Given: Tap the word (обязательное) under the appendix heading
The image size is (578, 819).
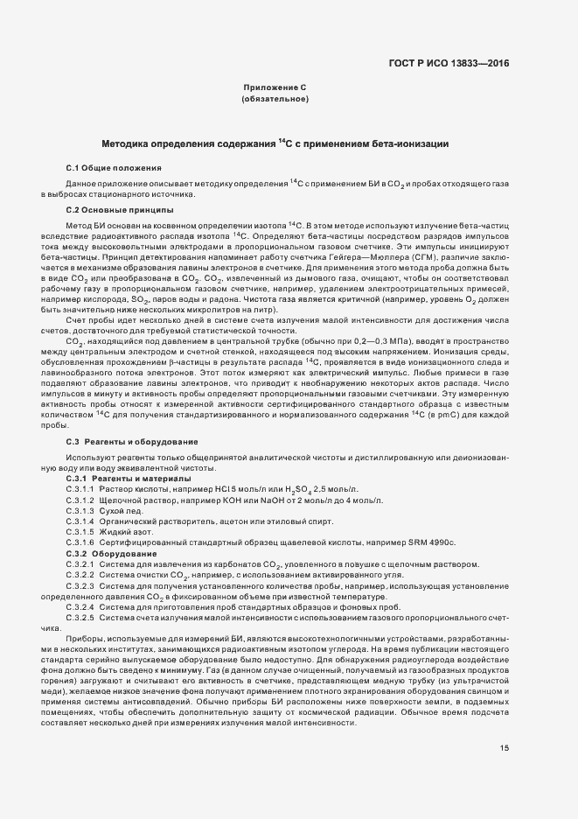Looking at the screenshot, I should (x=274, y=100).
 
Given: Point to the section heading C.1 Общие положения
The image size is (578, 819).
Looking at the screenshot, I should (x=114, y=166).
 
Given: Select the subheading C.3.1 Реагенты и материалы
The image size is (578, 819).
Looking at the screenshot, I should (x=129, y=479).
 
